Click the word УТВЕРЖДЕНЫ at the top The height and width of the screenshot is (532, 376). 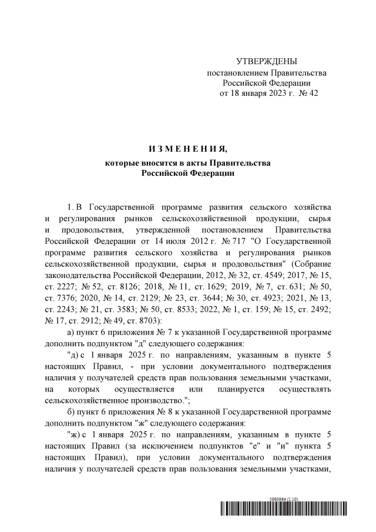pyautogui.click(x=266, y=62)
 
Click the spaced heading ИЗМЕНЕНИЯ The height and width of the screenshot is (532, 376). pyautogui.click(x=187, y=147)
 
